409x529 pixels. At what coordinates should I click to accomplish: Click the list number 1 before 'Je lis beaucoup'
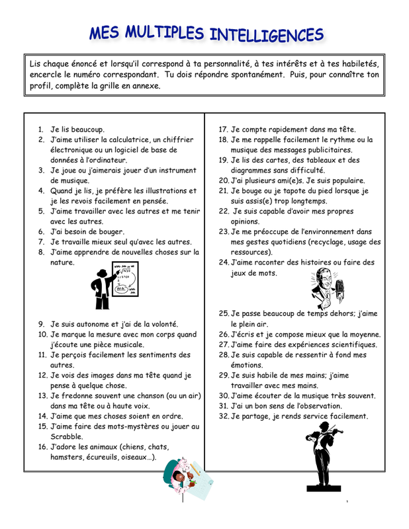pos(41,130)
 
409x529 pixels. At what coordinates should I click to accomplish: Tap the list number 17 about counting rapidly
pos(224,130)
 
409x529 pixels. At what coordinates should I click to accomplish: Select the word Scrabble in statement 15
pos(68,436)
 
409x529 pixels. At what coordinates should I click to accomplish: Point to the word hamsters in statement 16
pos(68,457)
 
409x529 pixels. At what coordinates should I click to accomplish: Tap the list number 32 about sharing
pos(224,416)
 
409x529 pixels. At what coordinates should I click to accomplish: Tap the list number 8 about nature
pos(41,252)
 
